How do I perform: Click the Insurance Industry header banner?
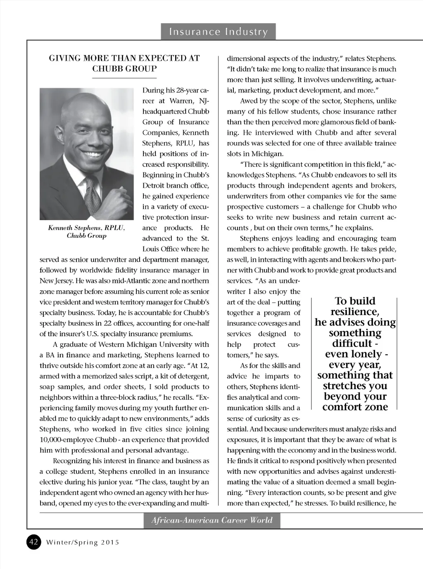218,32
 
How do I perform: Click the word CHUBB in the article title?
109,69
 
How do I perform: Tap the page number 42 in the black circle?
34,542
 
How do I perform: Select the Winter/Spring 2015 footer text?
83,543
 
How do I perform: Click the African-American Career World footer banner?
212,521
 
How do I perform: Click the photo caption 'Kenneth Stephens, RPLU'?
86,228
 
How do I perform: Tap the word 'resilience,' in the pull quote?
355,312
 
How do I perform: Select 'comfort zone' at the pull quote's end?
355,407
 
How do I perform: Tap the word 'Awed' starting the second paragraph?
248,101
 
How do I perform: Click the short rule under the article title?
124,78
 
